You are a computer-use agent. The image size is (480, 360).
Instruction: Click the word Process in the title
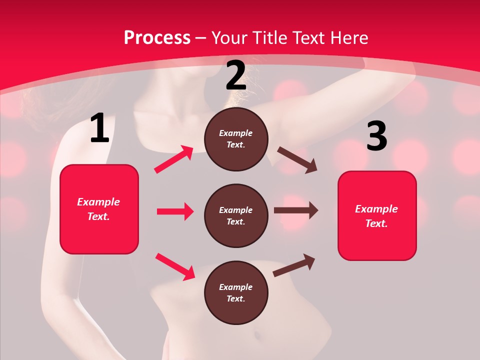[x=157, y=38]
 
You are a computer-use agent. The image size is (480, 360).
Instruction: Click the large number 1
[x=99, y=129]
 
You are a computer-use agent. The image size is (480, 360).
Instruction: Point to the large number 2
[x=236, y=76]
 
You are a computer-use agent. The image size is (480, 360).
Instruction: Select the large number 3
[x=376, y=136]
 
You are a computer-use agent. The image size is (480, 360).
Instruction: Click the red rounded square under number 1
[x=99, y=209]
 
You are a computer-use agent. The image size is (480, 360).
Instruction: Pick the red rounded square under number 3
[x=377, y=215]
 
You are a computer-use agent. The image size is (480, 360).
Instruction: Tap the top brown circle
[x=236, y=139]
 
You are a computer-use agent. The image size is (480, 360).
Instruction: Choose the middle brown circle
[x=236, y=215]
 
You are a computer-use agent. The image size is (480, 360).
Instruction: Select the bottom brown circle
[x=236, y=292]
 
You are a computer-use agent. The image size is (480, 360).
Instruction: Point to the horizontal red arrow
[x=175, y=211]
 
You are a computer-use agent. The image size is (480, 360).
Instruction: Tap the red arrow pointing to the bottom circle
[x=175, y=266]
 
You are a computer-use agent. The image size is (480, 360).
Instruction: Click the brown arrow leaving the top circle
[x=297, y=160]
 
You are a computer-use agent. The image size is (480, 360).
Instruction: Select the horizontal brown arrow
[x=296, y=210]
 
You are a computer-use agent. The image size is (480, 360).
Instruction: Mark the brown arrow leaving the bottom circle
[x=294, y=265]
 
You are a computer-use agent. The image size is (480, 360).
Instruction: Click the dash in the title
[x=201, y=38]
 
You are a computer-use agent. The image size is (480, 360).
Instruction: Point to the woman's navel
[x=258, y=333]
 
